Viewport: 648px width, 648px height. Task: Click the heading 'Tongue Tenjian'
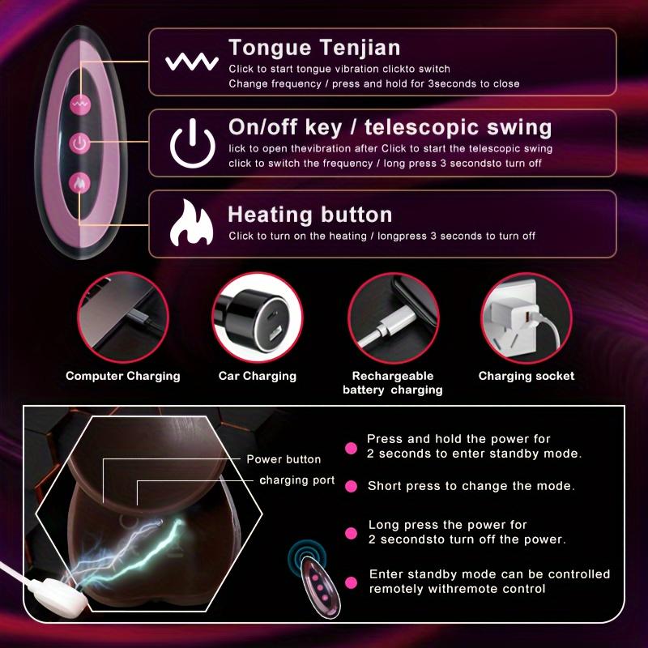click(314, 48)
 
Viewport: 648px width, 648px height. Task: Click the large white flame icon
click(191, 224)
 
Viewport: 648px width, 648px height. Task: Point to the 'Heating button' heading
click(309, 215)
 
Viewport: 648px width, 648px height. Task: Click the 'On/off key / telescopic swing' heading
click(390, 127)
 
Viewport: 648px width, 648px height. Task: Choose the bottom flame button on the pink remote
click(79, 183)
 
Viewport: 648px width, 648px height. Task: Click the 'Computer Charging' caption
click(123, 376)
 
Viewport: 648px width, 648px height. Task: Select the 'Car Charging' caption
click(258, 376)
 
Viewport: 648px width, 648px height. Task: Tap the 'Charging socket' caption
click(526, 376)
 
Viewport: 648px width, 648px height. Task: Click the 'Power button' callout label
click(283, 459)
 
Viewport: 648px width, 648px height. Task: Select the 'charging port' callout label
click(297, 480)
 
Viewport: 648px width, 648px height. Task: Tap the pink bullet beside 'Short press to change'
click(352, 486)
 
